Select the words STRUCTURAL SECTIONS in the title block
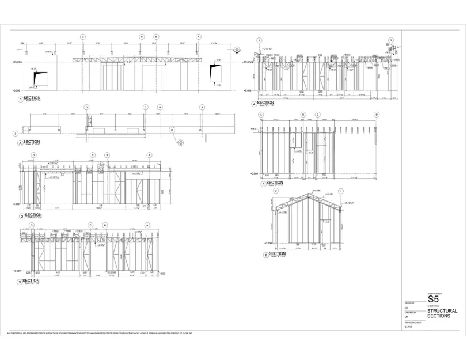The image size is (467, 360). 442,313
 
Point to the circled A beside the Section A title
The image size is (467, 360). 21,142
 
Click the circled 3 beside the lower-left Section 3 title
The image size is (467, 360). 21,281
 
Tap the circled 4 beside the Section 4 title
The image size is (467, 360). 254,104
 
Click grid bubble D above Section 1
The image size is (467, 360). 83,36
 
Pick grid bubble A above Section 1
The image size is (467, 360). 199,36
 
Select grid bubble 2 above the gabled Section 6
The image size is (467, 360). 275,191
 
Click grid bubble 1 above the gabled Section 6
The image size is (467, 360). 341,191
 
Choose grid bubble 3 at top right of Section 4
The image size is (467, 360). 390,40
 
